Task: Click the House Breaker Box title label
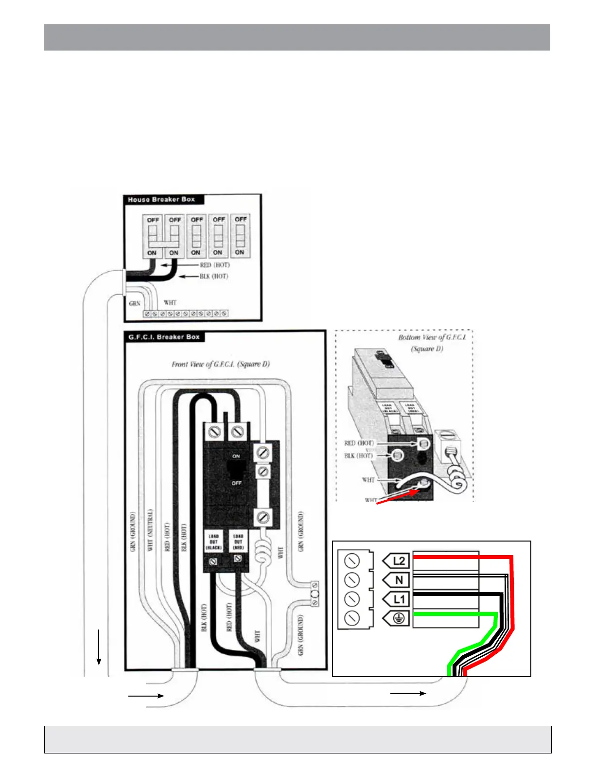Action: click(x=161, y=199)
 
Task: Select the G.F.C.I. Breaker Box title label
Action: click(x=163, y=337)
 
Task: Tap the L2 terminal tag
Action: click(x=397, y=561)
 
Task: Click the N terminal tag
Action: click(x=397, y=580)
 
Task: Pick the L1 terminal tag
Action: click(x=397, y=599)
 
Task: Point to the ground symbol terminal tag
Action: click(x=397, y=618)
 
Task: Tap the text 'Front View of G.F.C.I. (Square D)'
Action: click(x=220, y=364)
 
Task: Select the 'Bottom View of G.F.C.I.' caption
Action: click(x=432, y=337)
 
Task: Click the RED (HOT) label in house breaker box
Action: click(x=214, y=265)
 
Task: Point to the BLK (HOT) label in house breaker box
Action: click(x=213, y=276)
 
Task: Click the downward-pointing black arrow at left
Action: click(x=99, y=647)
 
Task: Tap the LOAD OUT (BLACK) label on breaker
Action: click(x=213, y=542)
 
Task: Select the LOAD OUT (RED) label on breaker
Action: click(x=238, y=542)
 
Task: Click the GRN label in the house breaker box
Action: click(x=135, y=303)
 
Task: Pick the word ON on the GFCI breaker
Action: click(x=236, y=456)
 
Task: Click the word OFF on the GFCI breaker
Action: click(x=236, y=483)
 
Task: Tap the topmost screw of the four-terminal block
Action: click(x=352, y=560)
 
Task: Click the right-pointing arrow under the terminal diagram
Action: click(x=408, y=693)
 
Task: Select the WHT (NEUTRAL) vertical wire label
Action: click(x=150, y=530)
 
